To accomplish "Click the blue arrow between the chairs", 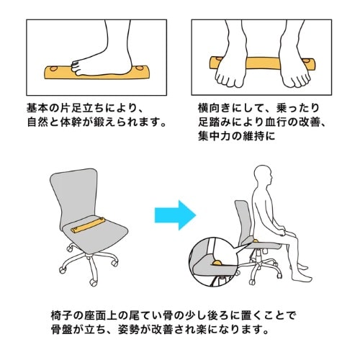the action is pos(175,215).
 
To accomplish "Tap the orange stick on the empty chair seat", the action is pos(88,225).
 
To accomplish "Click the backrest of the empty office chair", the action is pos(74,197).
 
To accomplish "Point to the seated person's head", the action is pos(263,176).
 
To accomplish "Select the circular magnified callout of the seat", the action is pos(213,261).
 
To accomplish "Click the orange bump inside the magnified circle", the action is pos(217,263).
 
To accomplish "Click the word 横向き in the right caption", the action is pos(215,108).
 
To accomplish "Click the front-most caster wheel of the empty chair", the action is pos(93,282).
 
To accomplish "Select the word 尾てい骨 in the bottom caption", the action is pos(151,315).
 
